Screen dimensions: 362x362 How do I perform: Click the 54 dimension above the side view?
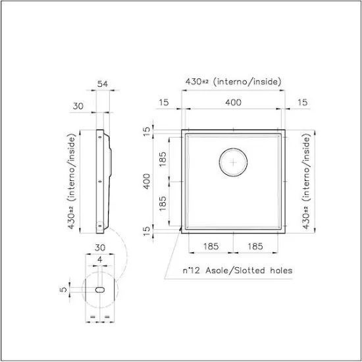coord(103,84)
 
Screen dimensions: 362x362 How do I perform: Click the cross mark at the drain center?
coord(233,163)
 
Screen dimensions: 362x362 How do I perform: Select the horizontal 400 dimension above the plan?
coord(234,102)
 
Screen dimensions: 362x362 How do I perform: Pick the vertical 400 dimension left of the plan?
coord(147,182)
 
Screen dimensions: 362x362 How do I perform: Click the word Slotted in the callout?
coord(249,270)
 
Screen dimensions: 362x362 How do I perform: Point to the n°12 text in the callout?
coord(191,270)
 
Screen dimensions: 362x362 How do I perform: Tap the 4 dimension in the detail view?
coord(100,260)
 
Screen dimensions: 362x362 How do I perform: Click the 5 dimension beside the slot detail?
coord(63,290)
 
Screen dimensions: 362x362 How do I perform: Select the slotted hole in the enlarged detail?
coord(100,290)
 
